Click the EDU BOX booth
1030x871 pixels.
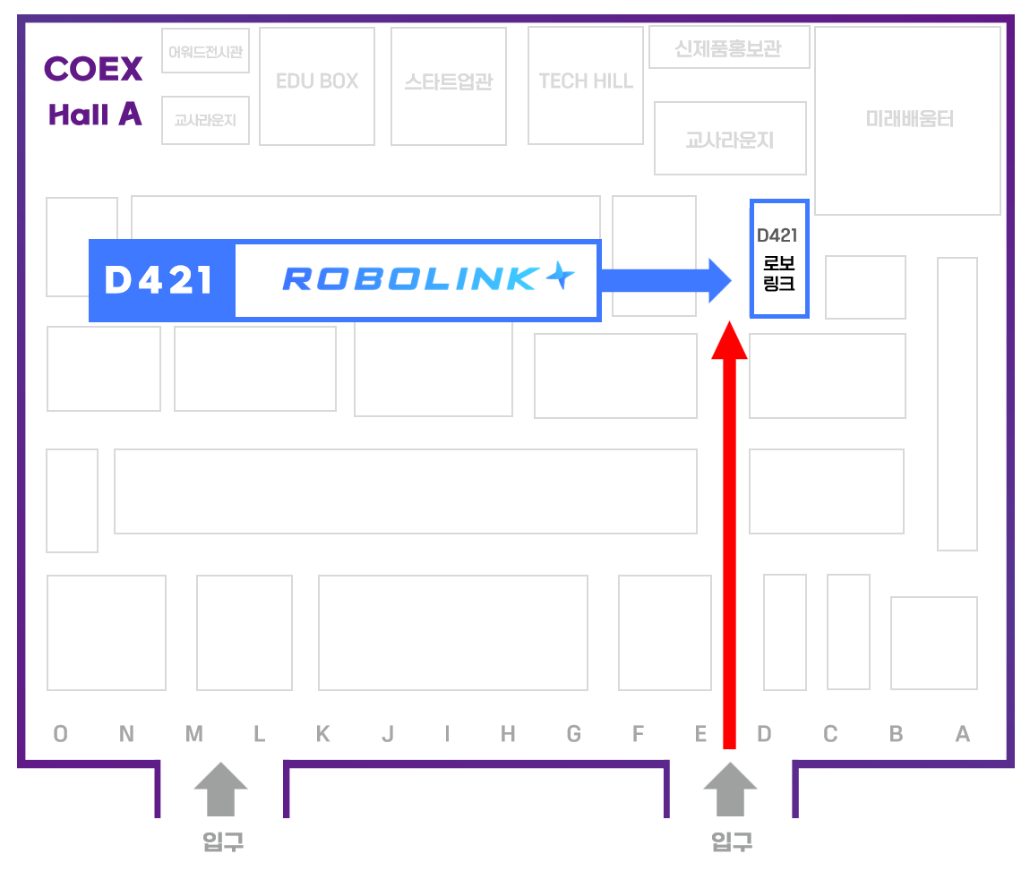coord(317,86)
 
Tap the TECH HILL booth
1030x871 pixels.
coord(585,85)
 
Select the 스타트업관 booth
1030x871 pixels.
coord(449,86)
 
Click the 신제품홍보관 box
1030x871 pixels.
coord(729,47)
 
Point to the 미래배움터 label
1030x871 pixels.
coord(909,119)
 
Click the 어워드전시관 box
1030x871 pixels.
coord(206,50)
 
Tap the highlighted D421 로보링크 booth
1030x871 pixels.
coord(779,259)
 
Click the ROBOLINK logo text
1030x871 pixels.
coord(428,278)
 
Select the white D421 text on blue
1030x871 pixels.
coord(159,280)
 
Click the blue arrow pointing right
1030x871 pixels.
coord(666,281)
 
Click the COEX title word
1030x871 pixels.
coord(93,69)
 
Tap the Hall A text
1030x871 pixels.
coord(95,115)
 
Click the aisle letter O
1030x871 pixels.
coord(60,734)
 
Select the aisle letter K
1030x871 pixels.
coord(322,734)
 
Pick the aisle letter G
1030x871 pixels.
coord(573,734)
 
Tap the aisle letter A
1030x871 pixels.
coord(962,734)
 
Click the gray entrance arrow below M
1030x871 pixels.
coord(220,789)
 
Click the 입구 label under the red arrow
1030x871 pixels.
coord(732,841)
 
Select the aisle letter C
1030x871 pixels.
coord(830,734)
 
